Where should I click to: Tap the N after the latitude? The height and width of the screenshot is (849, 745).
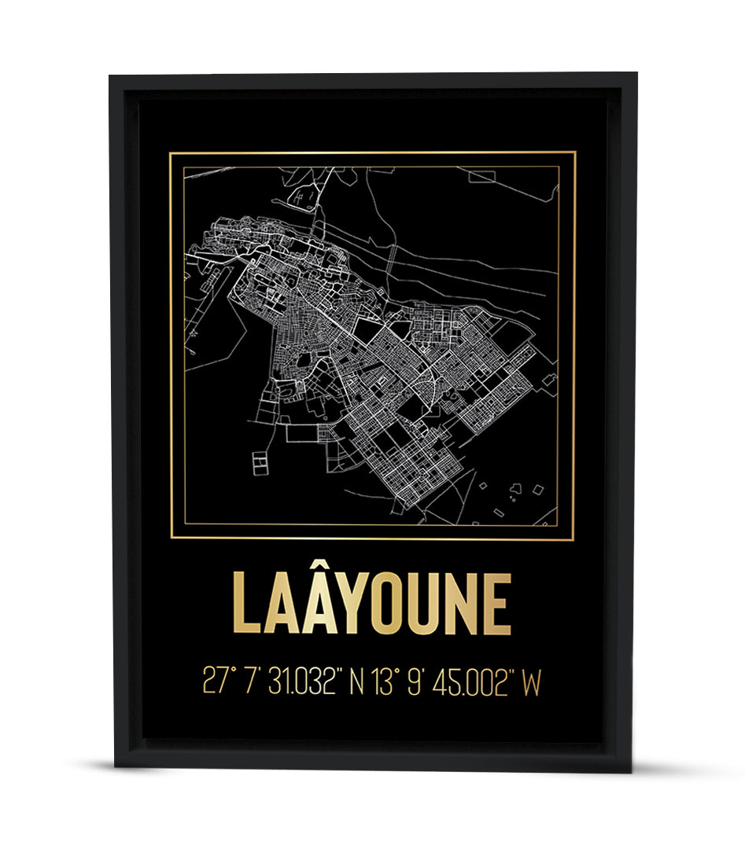point(356,682)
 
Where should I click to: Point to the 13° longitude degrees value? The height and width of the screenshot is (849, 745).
point(383,682)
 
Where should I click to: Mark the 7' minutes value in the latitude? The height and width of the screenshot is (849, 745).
point(253,682)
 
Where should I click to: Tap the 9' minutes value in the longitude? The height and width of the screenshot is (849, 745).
point(416,682)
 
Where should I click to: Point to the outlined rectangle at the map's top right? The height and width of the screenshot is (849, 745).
point(482,176)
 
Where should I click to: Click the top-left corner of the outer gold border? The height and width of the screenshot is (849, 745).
point(171,153)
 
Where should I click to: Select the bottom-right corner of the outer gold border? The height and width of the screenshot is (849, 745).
point(574,540)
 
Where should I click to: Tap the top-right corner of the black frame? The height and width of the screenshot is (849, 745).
point(636,74)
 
